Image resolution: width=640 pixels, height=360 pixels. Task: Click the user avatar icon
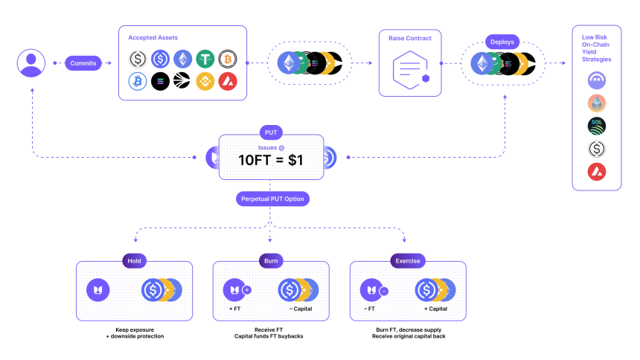tap(31, 62)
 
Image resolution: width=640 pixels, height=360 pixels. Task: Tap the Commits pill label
tap(83, 63)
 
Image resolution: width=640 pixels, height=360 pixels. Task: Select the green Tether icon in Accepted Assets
tap(205, 59)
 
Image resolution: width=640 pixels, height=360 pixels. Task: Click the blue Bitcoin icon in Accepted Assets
tap(138, 81)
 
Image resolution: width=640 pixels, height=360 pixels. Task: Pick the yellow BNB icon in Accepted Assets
tap(205, 81)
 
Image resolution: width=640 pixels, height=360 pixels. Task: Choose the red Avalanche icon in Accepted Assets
tap(228, 81)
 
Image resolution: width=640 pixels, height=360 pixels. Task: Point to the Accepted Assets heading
tap(153, 37)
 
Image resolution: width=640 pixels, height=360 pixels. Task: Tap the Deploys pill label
tap(502, 42)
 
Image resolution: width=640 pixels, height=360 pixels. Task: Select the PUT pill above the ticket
tap(271, 132)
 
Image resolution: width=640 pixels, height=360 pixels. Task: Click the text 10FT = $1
tap(271, 160)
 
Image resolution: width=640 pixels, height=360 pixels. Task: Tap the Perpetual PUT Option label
tap(273, 199)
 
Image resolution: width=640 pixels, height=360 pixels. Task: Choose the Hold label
tap(135, 260)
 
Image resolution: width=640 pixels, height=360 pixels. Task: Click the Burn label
tap(271, 260)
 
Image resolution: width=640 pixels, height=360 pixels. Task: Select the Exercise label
tap(408, 260)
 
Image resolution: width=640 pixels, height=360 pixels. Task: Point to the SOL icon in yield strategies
tap(597, 126)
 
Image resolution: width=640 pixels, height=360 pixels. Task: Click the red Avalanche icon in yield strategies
tap(597, 172)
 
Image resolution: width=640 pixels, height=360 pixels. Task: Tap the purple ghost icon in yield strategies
tap(597, 80)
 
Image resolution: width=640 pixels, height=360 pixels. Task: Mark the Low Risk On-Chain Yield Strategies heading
tap(597, 48)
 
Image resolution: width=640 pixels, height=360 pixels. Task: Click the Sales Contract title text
tap(409, 37)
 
